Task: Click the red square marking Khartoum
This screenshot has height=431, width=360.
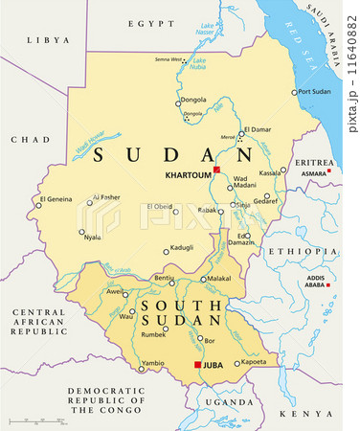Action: point(217,170)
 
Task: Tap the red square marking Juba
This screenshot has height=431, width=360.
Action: point(198,365)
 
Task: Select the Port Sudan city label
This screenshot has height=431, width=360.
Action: point(315,92)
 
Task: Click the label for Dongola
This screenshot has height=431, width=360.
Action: point(193,99)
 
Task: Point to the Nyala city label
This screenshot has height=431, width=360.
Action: point(93,237)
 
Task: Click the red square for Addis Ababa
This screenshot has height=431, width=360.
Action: point(328,285)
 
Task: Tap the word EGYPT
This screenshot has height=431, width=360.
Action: point(153,22)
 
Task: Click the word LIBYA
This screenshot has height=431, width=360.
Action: point(49,40)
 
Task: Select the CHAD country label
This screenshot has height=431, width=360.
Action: point(30,139)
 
